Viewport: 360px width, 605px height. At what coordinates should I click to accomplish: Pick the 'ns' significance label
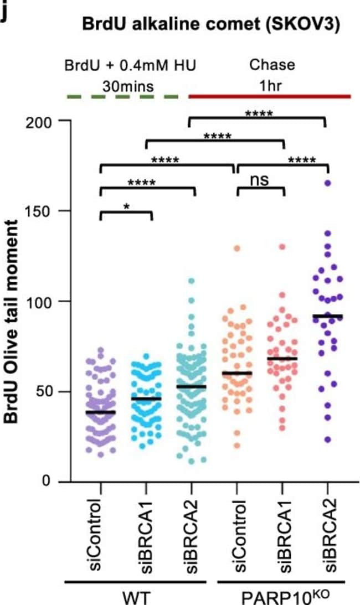pos(259,180)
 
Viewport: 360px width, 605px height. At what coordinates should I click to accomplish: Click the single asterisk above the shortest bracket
pos(126,206)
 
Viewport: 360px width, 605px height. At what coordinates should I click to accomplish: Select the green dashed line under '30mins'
pos(122,97)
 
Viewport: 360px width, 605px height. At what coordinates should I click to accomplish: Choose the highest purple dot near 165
pos(327,183)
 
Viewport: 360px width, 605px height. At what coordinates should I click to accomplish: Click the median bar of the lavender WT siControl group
pos(100,412)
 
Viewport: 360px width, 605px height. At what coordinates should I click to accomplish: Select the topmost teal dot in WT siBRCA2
pos(191,281)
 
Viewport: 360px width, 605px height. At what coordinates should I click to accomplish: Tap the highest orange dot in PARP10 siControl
pos(237,249)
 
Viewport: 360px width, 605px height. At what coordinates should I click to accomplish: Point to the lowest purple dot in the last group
pos(327,439)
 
